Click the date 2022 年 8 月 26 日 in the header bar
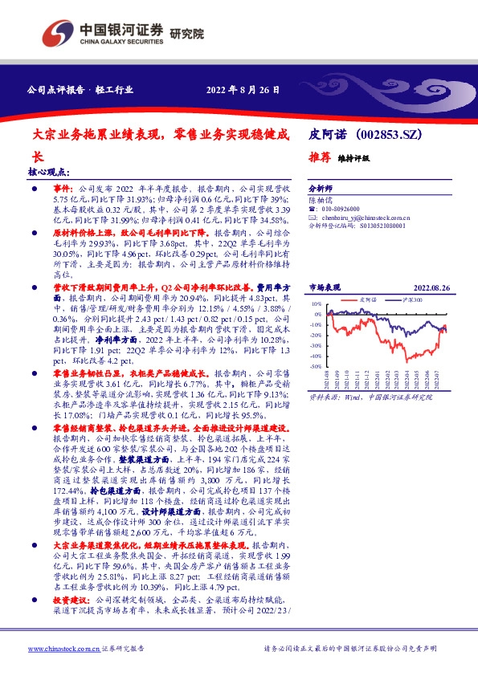pos(243,89)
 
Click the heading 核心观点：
pos(49,172)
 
